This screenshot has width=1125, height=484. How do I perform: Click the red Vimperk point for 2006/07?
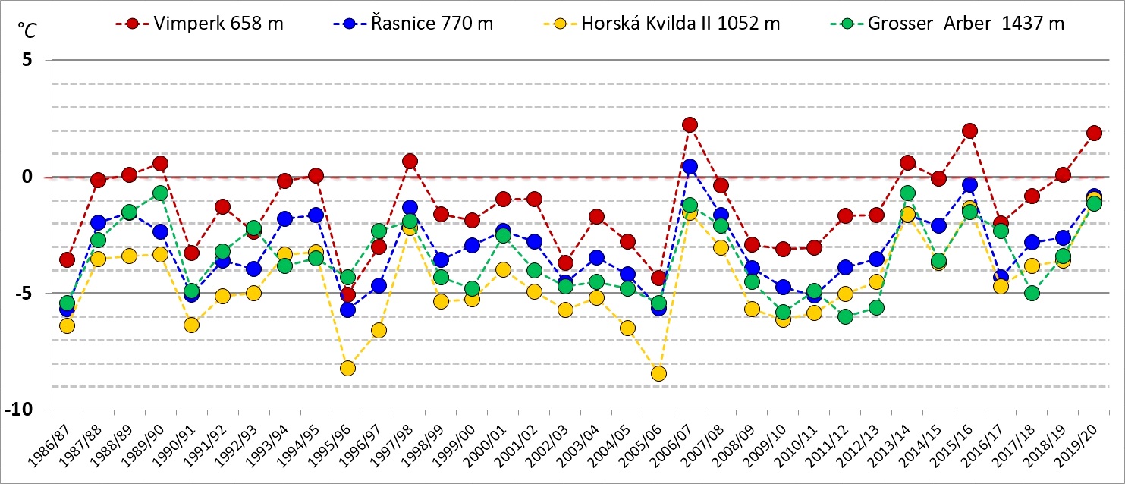(x=690, y=125)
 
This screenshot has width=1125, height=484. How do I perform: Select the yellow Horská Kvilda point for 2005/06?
(x=658, y=373)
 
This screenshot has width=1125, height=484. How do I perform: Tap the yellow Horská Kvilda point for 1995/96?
(x=347, y=368)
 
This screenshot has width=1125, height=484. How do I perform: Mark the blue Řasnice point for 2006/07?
(x=690, y=166)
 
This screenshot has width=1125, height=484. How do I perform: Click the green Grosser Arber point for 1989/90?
(x=160, y=193)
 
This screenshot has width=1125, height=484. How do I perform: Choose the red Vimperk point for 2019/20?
(x=1094, y=133)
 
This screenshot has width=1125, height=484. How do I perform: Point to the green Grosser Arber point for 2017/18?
(x=1032, y=293)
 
